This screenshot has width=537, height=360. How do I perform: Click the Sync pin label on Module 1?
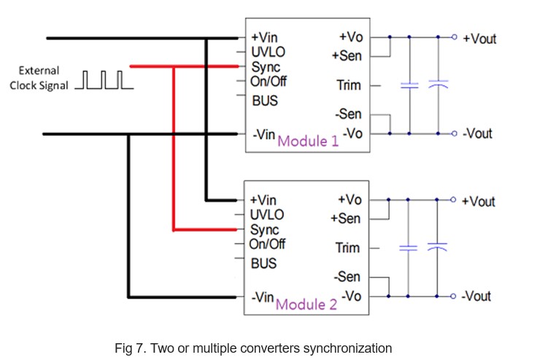(266, 67)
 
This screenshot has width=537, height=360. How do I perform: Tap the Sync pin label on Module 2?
(264, 230)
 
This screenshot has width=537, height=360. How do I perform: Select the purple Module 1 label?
(308, 141)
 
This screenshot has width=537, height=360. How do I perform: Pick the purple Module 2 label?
(306, 304)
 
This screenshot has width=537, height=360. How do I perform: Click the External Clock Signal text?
(39, 78)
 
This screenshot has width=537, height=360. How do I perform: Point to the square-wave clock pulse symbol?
(104, 80)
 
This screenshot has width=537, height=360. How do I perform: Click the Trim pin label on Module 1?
(349, 85)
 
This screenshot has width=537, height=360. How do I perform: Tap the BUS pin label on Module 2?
(263, 264)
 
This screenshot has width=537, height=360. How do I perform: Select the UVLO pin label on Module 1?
(268, 52)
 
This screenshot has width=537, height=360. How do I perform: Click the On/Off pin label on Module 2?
(267, 244)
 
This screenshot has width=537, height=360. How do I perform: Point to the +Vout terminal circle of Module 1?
(454, 37)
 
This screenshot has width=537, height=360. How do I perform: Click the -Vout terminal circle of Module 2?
(453, 296)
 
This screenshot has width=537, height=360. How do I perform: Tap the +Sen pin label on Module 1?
(347, 55)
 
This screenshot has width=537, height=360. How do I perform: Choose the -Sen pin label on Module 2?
(347, 277)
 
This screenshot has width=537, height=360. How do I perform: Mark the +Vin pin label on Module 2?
(263, 200)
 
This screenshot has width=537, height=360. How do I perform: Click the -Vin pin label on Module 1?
(263, 134)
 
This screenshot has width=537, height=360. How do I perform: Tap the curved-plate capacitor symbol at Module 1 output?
(438, 85)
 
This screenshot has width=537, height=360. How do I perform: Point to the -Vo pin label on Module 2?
(351, 296)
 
